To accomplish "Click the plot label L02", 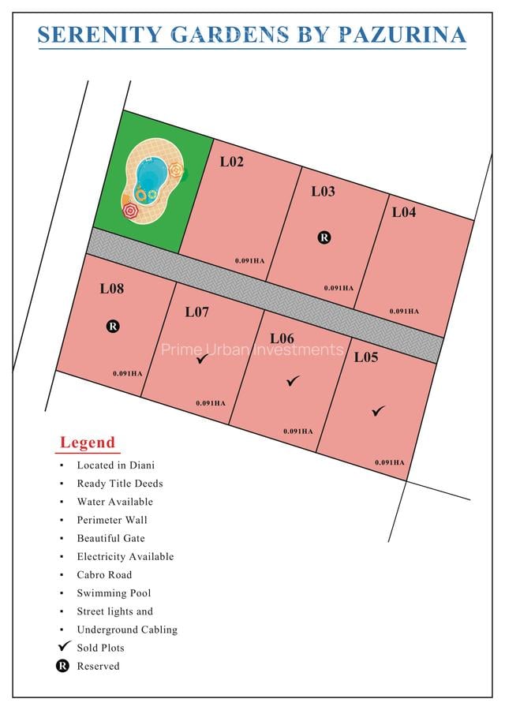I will coord(231,162).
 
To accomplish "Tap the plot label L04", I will coord(403,212).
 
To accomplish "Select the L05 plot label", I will coord(365,357).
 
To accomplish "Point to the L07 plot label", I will coord(196,312).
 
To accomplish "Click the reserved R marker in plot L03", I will coord(323,237).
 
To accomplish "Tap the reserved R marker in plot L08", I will coord(112,325).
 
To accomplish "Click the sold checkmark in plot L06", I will coord(293,381).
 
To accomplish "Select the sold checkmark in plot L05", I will coord(378,410).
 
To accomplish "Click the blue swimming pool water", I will coord(151,171).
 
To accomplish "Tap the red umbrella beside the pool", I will coord(130,211).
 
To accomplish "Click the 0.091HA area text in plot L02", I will coord(249,260).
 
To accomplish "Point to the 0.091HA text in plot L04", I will coord(404,311).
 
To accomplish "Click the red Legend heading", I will coord(88,443).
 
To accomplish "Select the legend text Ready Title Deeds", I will coord(120,484).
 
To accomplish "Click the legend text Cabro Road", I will coord(104,575).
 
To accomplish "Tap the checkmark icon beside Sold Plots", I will coord(65,646).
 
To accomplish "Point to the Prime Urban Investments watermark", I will coord(252,349).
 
